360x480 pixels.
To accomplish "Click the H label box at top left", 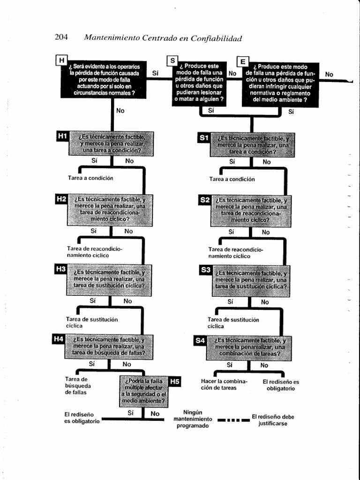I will [61, 60].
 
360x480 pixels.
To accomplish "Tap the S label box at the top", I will [172, 61].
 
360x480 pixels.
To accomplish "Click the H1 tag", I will [62, 136].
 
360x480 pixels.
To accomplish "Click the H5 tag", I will [174, 382].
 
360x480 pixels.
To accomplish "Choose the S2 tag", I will [205, 201].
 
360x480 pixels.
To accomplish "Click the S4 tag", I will [200, 341].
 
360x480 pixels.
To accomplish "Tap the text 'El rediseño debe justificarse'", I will [273, 420].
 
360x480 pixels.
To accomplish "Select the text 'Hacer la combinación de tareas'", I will [224, 384].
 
